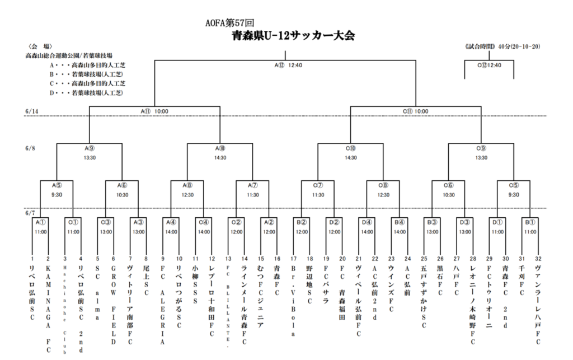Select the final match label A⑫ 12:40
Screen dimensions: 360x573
tap(288, 65)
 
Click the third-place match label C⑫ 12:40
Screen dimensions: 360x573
tap(489, 65)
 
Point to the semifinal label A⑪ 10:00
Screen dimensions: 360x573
tap(154, 111)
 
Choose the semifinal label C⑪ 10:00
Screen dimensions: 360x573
tap(416, 111)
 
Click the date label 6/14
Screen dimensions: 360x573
tap(32, 111)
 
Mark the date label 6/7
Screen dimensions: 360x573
tap(31, 213)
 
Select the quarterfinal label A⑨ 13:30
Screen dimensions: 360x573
tap(90, 153)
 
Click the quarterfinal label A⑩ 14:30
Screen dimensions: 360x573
tap(220, 153)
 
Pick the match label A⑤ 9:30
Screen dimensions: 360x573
tap(57, 190)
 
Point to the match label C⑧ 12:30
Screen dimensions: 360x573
tap(383, 190)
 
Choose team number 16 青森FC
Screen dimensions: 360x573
tap(277, 280)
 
